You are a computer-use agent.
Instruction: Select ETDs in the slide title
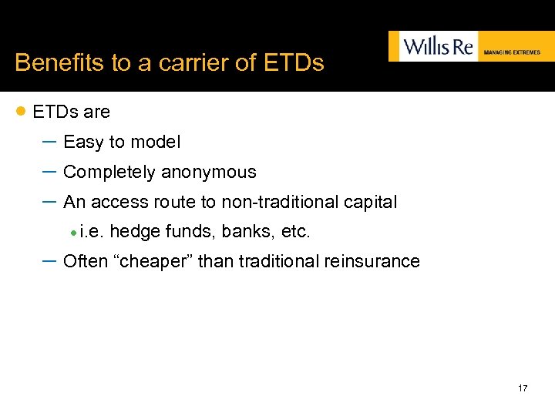294,62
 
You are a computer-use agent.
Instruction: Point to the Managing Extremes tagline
512,52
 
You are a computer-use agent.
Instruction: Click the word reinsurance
372,261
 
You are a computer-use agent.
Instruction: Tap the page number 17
523,388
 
